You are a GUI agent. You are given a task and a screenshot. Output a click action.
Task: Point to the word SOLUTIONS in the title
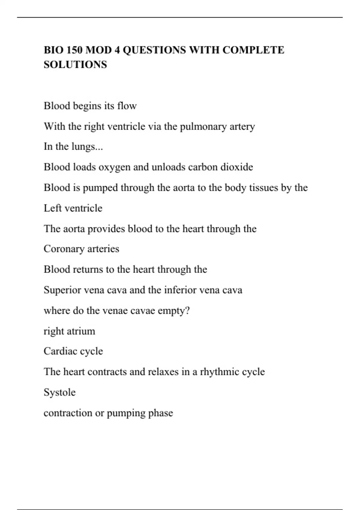click(x=75, y=64)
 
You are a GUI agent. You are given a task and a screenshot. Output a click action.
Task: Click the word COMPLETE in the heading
click(x=253, y=50)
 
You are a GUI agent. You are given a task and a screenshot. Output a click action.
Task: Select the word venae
click(x=115, y=310)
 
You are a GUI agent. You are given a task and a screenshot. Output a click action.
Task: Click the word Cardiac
click(x=58, y=351)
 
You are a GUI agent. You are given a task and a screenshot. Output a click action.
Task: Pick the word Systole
click(x=60, y=392)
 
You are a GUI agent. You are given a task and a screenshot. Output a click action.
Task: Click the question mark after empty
click(x=187, y=310)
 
